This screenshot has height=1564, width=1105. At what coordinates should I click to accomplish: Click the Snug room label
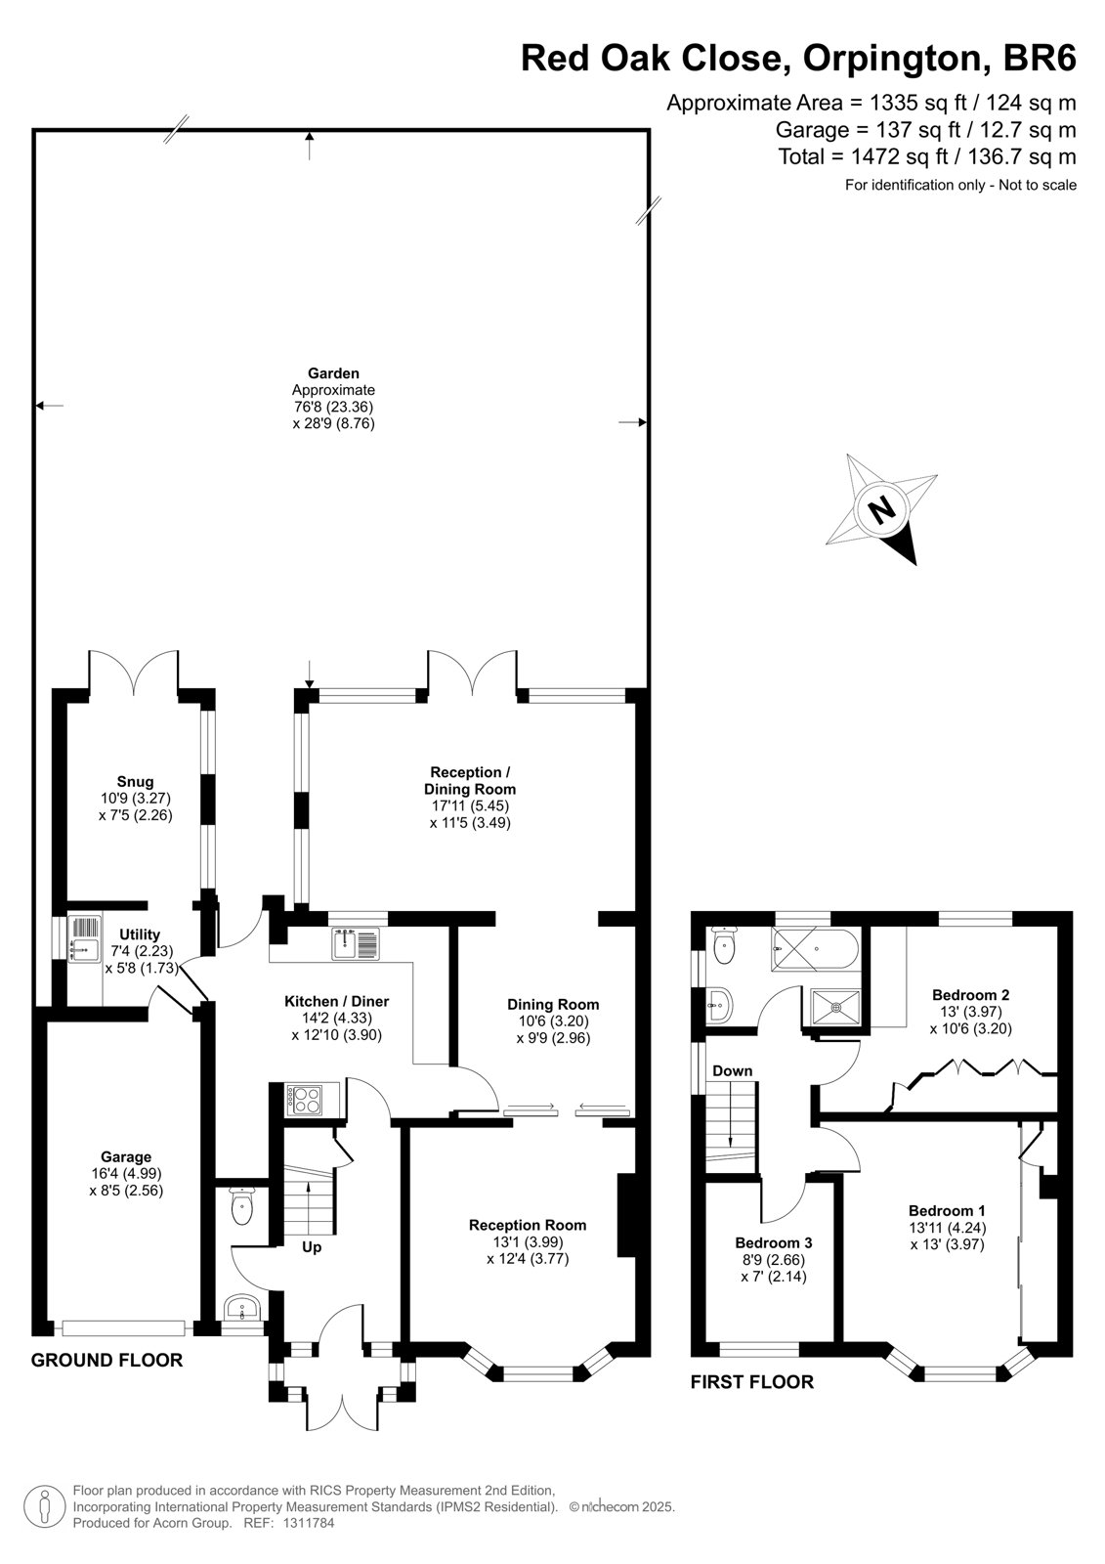click(x=135, y=781)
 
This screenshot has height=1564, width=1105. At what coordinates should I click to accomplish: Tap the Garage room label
click(x=126, y=1157)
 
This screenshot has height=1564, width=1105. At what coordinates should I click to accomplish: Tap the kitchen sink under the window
click(x=356, y=942)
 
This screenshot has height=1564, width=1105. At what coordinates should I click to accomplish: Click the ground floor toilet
click(x=241, y=1204)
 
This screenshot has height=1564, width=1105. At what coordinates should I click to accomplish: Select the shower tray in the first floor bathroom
click(x=835, y=1007)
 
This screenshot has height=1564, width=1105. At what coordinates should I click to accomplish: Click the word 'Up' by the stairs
click(x=312, y=1246)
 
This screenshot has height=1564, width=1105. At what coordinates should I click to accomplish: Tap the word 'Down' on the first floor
click(x=732, y=1070)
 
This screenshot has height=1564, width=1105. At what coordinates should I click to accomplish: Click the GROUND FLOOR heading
click(x=106, y=1360)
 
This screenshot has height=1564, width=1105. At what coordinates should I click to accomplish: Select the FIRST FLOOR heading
click(x=751, y=1382)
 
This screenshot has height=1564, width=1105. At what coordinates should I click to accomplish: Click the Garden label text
click(x=334, y=373)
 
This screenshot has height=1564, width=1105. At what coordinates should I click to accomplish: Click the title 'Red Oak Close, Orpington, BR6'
click(x=798, y=59)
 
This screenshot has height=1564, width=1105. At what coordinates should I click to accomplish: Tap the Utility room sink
click(x=85, y=948)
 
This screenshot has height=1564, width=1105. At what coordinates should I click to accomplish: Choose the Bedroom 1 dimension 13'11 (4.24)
click(x=948, y=1228)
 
